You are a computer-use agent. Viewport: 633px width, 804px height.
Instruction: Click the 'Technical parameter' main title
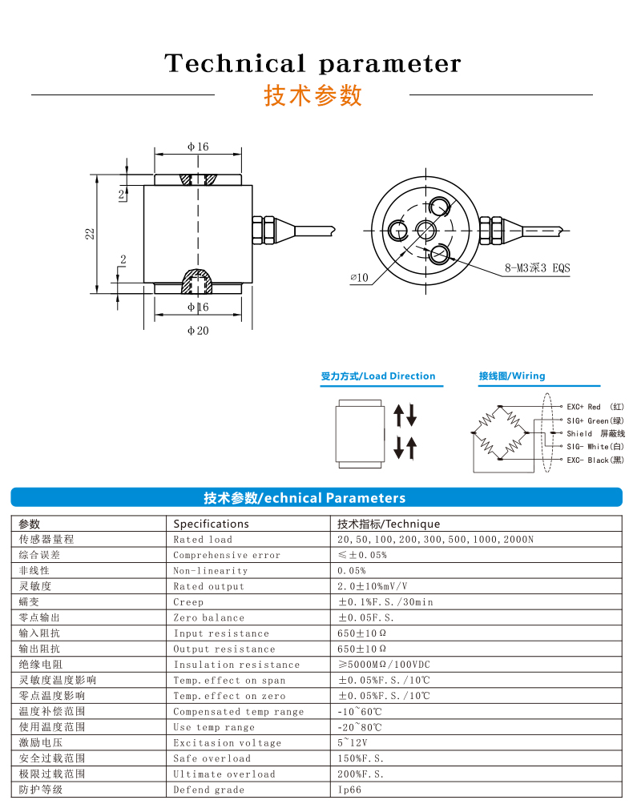point(312,63)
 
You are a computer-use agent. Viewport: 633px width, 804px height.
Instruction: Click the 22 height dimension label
point(91,233)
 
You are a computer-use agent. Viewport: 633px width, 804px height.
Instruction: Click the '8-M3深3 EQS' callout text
point(537,268)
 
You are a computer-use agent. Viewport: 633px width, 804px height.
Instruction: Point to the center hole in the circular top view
point(425,231)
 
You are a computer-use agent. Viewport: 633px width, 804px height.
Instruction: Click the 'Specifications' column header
point(212,524)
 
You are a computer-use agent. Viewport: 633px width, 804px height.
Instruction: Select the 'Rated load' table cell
point(203,540)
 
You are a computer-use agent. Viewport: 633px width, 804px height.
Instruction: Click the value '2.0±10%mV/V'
point(372,586)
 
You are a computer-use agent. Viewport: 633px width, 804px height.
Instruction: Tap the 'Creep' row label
point(188,602)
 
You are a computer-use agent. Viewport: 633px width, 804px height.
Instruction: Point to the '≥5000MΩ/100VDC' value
point(384,665)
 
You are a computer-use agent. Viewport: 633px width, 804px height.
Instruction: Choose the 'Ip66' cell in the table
point(349,790)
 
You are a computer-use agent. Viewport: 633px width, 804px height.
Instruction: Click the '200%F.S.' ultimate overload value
point(361,774)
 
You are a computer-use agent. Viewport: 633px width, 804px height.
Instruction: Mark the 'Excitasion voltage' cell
point(228,743)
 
